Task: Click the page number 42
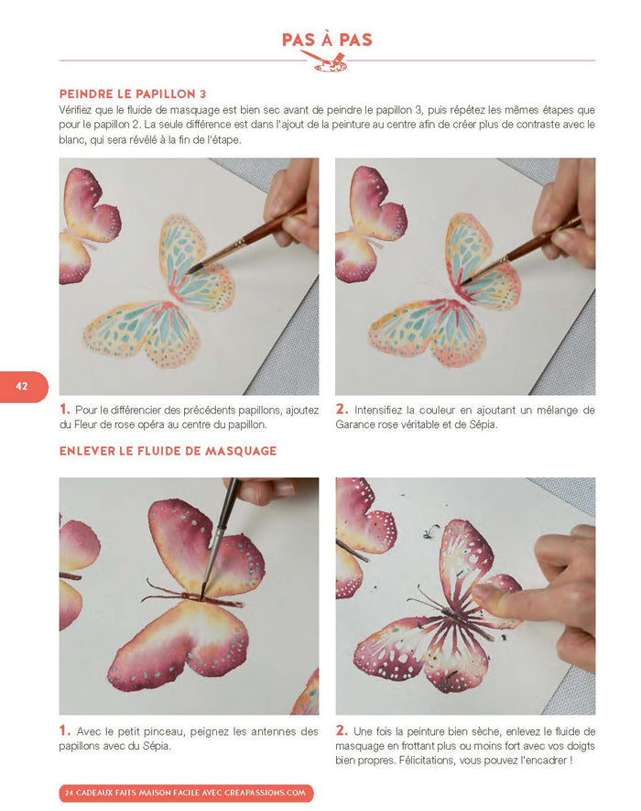22,386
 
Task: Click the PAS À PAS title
327,39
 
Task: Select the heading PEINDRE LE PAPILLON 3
133,94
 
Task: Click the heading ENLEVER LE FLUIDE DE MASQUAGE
168,451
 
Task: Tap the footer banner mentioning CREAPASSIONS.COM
186,793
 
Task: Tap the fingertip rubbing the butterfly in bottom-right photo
480,593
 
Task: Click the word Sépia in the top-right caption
483,425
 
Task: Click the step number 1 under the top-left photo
64,410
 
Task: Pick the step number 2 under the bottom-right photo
342,731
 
